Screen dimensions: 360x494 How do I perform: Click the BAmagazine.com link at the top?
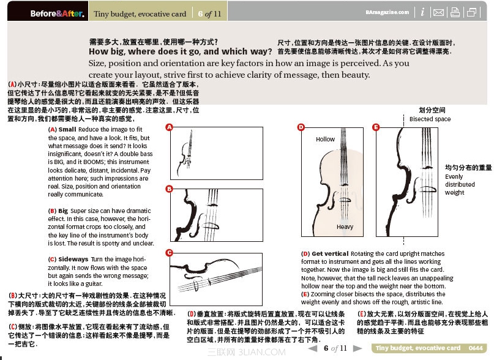[x=387, y=12]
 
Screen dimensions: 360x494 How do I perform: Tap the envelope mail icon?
[x=438, y=12]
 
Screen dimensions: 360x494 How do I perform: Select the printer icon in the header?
[x=455, y=12]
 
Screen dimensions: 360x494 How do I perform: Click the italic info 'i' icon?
[x=422, y=12]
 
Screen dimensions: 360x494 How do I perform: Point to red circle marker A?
[x=169, y=127]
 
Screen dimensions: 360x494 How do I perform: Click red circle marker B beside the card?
[x=169, y=189]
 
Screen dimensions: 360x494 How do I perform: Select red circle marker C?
[x=169, y=252]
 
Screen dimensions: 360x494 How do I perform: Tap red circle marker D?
[x=301, y=127]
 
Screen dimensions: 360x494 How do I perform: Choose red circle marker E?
[x=376, y=127]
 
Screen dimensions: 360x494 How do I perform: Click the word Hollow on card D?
[x=325, y=139]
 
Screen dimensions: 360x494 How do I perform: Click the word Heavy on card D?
[x=345, y=227]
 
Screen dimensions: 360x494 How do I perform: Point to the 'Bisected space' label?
[x=430, y=119]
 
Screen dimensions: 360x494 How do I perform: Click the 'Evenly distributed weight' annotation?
[x=460, y=184]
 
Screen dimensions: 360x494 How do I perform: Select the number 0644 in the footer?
[x=476, y=348]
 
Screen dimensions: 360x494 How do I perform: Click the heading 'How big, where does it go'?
[x=180, y=51]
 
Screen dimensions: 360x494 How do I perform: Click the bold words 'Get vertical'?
[x=330, y=253]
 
